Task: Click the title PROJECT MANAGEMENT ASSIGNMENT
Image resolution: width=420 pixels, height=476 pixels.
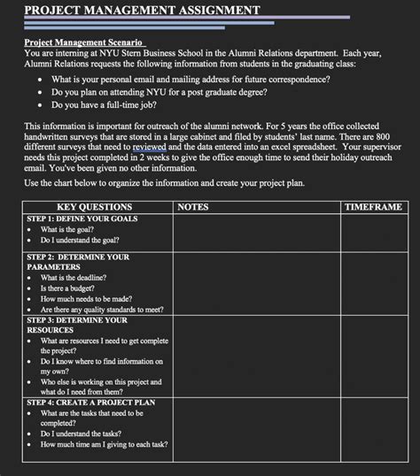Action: pos(142,11)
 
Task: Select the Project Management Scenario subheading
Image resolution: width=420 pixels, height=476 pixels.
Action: pos(84,42)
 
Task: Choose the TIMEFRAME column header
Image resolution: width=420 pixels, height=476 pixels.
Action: pos(373,207)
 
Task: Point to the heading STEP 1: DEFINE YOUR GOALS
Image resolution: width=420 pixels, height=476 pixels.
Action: pos(82,218)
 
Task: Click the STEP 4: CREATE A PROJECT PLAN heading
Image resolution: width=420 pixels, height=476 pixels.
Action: pos(91,402)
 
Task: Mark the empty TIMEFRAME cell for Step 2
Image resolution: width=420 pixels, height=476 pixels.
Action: pos(373,283)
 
